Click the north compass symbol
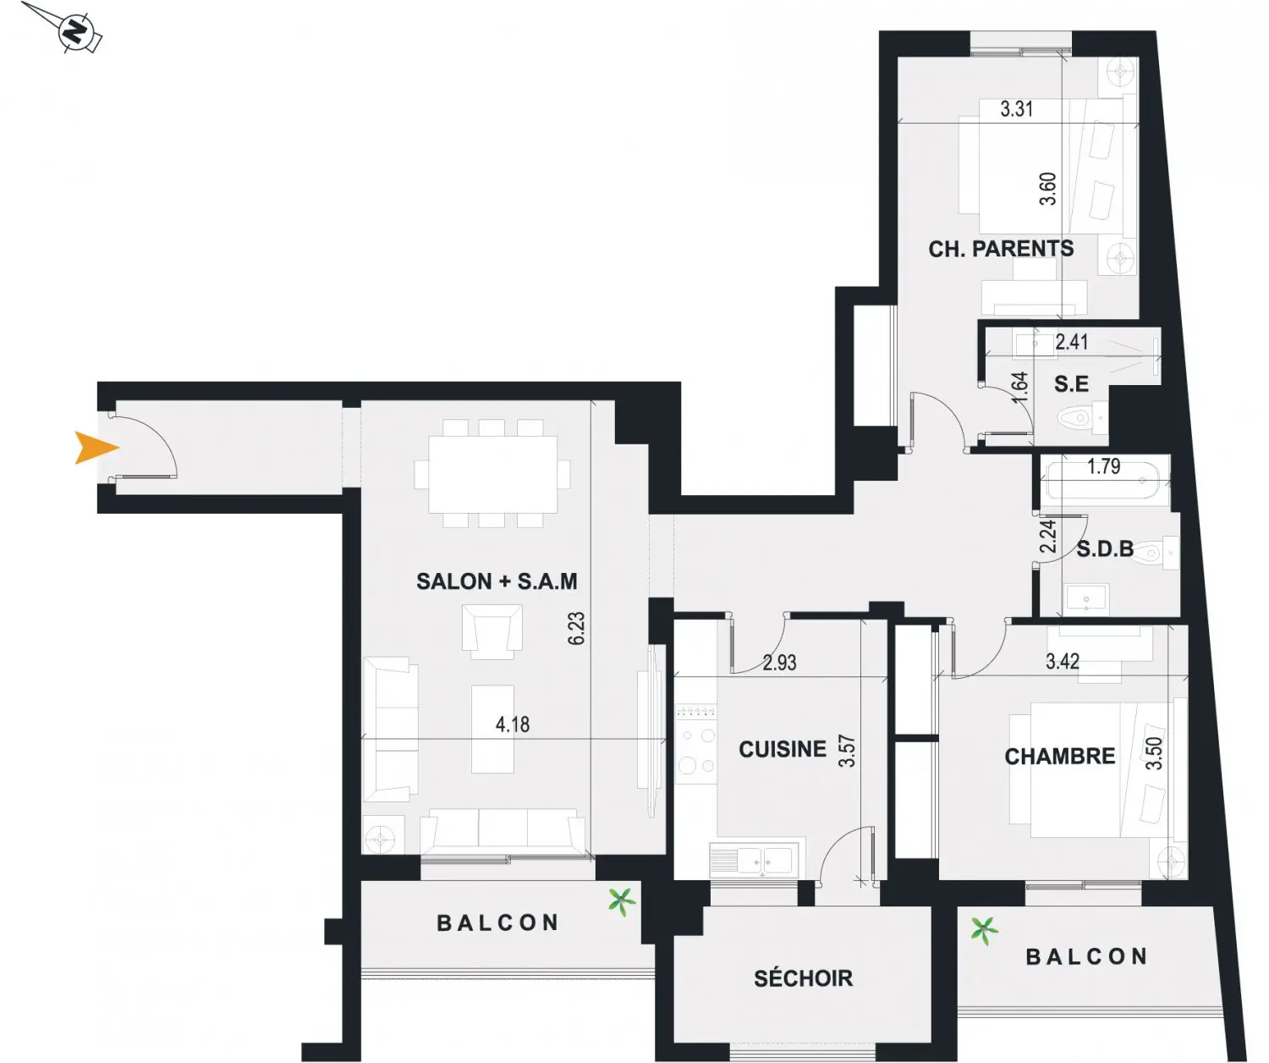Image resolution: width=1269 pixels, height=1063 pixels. [77, 31]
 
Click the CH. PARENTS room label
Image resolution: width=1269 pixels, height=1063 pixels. [1001, 249]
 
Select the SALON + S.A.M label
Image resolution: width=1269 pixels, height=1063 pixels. [497, 581]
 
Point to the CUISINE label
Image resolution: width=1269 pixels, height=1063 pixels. [783, 749]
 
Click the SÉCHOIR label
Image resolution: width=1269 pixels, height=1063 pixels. [804, 978]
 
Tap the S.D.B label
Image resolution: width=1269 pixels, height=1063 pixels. [1105, 549]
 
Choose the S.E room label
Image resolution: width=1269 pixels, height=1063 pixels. [1071, 383]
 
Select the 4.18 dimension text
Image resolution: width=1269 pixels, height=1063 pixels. [513, 724]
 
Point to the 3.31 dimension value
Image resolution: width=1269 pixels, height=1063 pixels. [1017, 109]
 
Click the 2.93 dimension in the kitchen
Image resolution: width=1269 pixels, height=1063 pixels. [779, 662]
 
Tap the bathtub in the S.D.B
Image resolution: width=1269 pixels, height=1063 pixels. [1105, 481]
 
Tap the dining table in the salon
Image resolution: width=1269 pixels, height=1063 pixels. [493, 474]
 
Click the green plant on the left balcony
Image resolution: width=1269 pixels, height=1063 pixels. [622, 902]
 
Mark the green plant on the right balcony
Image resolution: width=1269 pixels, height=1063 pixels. [984, 930]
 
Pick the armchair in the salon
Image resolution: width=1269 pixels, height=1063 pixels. [492, 631]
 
